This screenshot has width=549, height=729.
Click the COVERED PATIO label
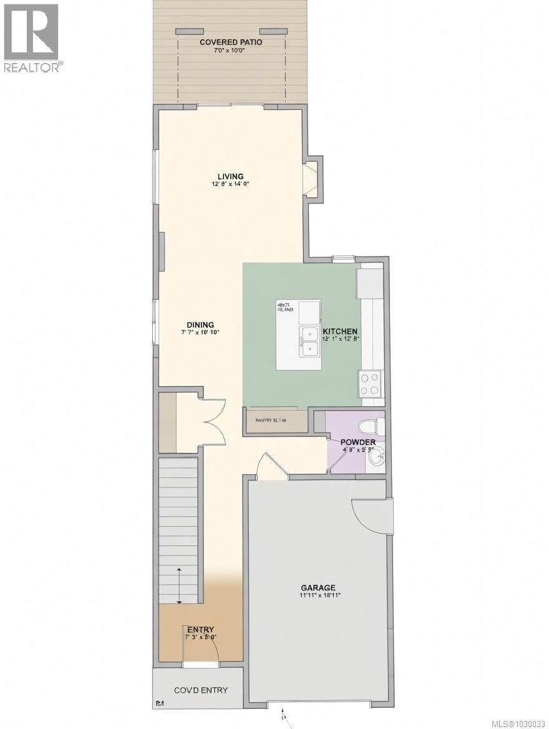pos(231,42)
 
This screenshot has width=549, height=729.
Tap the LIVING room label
pos(230,176)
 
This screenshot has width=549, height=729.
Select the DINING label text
pos(200,325)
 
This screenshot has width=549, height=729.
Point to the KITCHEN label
pos(339,331)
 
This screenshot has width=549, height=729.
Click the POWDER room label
pos(357,442)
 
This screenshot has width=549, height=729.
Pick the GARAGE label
pos(318,587)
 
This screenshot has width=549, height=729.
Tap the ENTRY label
pos(201,629)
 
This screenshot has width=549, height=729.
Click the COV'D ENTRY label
pos(200,690)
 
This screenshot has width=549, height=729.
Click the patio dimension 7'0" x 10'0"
pos(231,50)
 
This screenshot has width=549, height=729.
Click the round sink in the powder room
pos(376,458)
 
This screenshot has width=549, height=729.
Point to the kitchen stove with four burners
pos(370,383)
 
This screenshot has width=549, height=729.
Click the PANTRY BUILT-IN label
pos(271,421)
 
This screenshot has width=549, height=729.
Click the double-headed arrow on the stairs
pos(180,585)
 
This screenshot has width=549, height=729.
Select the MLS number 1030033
pos(517,723)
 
